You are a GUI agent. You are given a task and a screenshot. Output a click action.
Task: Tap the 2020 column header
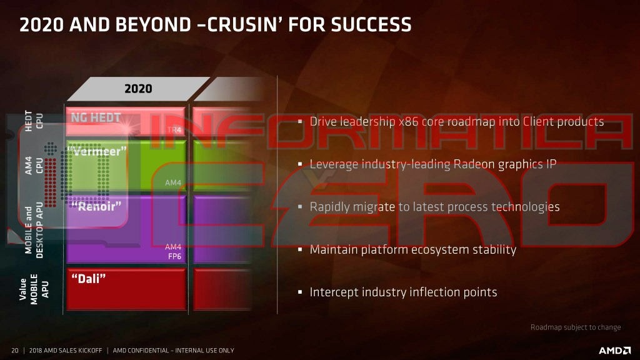pos(138,89)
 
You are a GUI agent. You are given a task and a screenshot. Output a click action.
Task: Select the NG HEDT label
pos(96,117)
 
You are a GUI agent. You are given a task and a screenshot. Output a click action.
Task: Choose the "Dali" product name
pos(88,278)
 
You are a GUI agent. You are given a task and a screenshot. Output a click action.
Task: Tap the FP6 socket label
pos(174,256)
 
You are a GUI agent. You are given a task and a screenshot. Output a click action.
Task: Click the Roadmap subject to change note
pos(576,327)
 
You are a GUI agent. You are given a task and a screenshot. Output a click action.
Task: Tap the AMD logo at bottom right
pos(614,350)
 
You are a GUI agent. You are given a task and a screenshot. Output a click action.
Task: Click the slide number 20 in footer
pos(14,350)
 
